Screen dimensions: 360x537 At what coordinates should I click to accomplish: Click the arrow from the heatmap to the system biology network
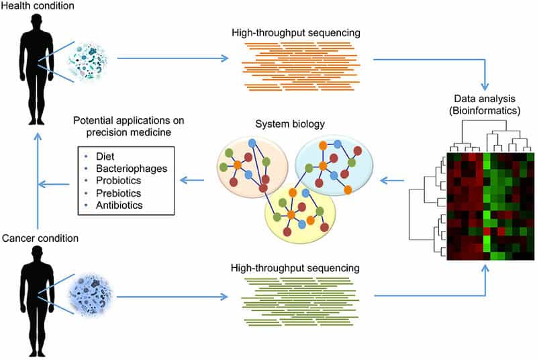(393, 180)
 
